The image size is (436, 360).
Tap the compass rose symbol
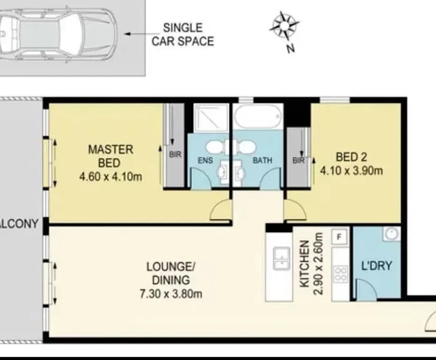point(285,26)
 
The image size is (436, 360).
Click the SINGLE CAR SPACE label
point(183,35)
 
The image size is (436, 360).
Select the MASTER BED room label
point(111,156)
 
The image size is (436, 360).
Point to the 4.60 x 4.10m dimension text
point(111,177)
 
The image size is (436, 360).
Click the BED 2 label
point(351,156)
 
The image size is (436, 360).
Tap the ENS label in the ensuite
point(206,160)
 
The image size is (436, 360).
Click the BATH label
point(262,160)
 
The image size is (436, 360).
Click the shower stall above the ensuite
point(211,116)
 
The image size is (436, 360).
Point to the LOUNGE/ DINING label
point(168,273)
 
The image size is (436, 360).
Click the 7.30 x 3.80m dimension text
point(168,294)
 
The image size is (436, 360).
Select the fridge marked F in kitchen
point(340,237)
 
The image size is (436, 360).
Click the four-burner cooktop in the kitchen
point(341,273)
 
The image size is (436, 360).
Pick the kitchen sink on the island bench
point(281,258)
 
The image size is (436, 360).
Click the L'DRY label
point(377,266)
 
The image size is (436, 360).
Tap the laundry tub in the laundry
point(390,234)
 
